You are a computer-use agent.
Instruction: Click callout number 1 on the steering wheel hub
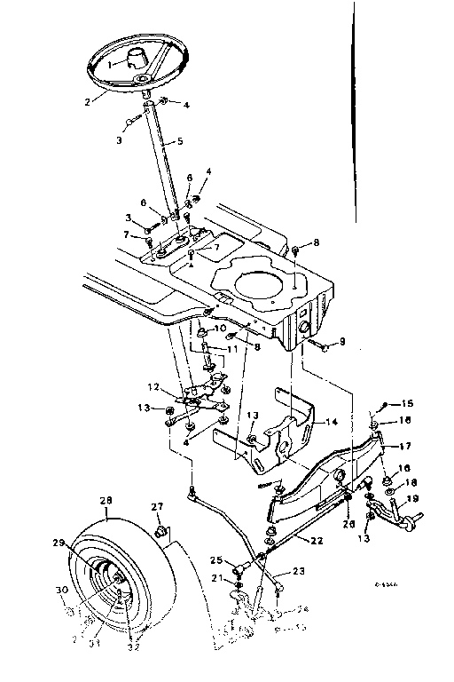tap(111, 64)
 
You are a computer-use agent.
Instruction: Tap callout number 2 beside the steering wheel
tap(89, 101)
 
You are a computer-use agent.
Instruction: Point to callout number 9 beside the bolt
tap(343, 342)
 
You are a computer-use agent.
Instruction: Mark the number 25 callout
tap(215, 560)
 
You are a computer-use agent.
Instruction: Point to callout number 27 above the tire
tap(158, 507)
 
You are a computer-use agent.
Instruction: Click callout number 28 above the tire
tap(106, 502)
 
